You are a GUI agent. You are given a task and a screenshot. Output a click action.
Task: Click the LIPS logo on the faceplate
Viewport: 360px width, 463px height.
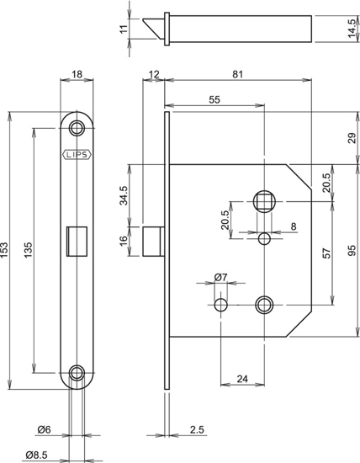(x=77, y=155)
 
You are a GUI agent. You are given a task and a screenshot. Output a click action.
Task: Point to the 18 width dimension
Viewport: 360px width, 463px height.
(x=77, y=76)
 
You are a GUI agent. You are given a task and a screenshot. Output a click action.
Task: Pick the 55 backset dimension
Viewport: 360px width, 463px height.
(x=214, y=99)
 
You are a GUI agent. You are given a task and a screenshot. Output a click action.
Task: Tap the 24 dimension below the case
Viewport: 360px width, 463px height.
(x=243, y=379)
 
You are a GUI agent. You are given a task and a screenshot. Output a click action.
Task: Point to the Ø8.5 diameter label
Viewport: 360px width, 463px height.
(x=35, y=455)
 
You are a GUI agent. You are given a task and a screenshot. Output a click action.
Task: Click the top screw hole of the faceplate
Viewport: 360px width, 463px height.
(x=77, y=127)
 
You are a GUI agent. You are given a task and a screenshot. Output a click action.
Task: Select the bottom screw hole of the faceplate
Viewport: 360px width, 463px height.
(x=77, y=371)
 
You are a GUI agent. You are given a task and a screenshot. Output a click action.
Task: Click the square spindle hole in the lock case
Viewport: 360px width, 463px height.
(x=264, y=201)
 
